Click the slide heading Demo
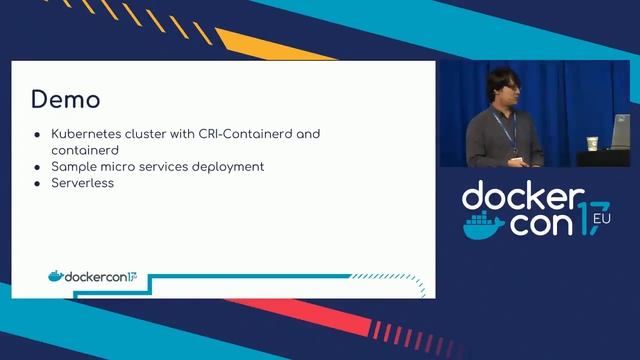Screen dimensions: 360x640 [65, 100]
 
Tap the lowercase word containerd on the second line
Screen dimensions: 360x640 [85, 149]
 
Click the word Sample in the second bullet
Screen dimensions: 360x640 [74, 166]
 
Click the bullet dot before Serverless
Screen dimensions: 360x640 [37, 183]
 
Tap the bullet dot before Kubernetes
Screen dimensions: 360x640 [37, 133]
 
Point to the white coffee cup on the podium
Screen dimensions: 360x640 [592, 143]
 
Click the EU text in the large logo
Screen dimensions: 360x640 [601, 217]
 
